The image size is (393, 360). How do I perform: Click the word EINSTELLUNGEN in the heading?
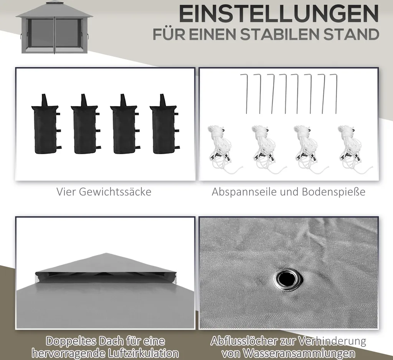point(279,14)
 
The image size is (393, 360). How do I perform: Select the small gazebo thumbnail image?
point(54,27)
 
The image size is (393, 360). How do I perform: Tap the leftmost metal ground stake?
point(244,94)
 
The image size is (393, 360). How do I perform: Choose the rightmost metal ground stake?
point(335,94)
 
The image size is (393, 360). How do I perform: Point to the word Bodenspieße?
point(334,192)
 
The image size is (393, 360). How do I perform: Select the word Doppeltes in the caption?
point(71,342)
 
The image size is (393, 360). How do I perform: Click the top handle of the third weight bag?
point(123,100)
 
